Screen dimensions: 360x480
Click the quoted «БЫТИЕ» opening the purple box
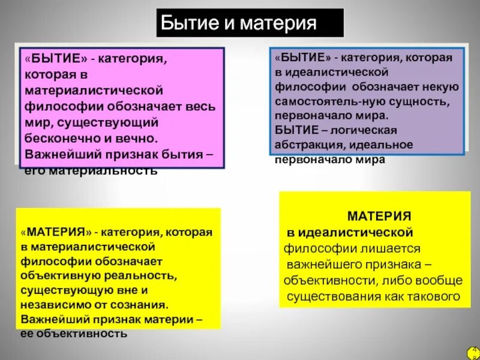[x=304, y=58]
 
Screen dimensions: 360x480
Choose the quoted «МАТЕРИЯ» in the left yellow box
[x=55, y=232]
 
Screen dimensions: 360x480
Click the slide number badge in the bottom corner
[x=471, y=352]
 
